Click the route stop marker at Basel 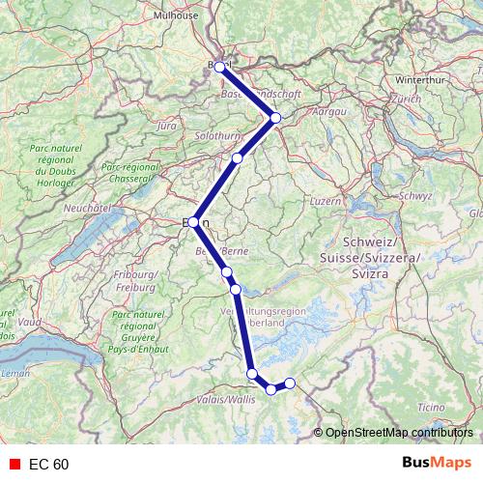click(x=220, y=67)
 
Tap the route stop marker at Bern click(x=194, y=222)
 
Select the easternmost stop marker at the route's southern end click(x=290, y=384)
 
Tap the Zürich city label click(x=407, y=99)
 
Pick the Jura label click(x=167, y=126)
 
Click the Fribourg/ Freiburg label click(x=138, y=282)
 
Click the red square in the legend click(x=14, y=465)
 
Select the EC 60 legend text click(x=48, y=465)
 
